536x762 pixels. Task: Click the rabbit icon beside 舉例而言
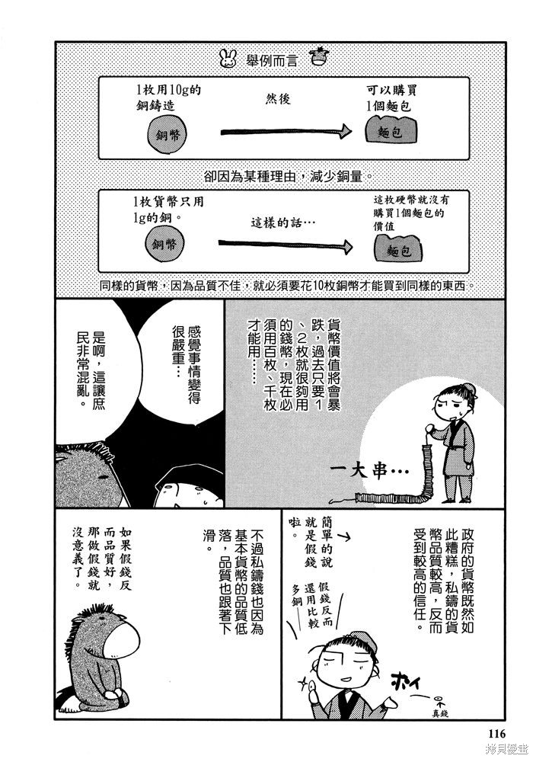click(228, 59)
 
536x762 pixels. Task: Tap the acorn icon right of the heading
click(319, 56)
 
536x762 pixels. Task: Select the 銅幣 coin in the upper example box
click(167, 135)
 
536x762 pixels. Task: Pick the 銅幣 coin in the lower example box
click(164, 244)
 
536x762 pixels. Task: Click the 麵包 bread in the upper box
click(391, 130)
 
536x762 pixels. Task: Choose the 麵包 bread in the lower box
click(399, 249)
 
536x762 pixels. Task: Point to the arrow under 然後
click(286, 131)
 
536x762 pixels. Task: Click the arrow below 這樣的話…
click(286, 244)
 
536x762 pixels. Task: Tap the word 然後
click(278, 99)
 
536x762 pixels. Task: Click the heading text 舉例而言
click(273, 59)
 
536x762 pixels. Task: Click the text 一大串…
click(370, 469)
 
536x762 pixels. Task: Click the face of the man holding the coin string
click(450, 404)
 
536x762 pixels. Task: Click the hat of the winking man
click(359, 641)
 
